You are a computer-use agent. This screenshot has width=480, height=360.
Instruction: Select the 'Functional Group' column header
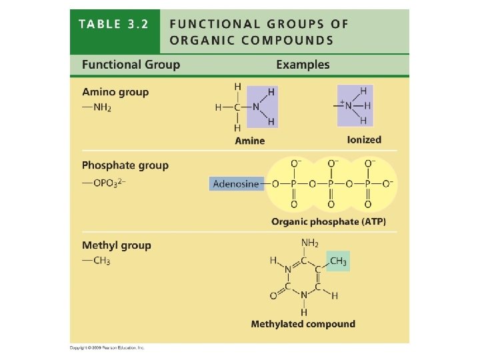(131, 65)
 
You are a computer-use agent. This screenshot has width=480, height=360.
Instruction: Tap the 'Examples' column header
(303, 65)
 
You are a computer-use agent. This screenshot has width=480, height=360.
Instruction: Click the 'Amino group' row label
(115, 92)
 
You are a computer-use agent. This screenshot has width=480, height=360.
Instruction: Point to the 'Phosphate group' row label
(125, 165)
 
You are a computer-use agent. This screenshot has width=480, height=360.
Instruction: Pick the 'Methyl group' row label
(117, 245)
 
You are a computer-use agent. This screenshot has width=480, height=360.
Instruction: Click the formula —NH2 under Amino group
(97, 107)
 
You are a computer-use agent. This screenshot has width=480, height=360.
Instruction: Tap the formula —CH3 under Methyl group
(97, 261)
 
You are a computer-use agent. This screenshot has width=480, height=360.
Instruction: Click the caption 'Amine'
(249, 141)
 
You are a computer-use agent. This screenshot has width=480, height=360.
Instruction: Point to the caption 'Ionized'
(364, 140)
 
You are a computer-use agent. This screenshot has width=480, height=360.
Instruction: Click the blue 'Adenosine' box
(236, 183)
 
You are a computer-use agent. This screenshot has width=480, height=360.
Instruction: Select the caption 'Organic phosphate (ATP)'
(329, 221)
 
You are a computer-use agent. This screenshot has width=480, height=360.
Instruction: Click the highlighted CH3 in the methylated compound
(338, 261)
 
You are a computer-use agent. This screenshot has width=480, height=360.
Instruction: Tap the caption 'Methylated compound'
(303, 324)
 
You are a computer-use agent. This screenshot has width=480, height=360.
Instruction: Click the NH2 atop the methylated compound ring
(309, 243)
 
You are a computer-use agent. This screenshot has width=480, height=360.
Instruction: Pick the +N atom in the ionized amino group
(346, 105)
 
